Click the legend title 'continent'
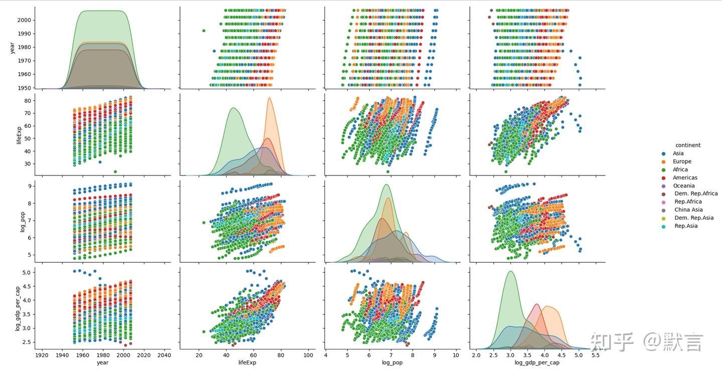[687, 145]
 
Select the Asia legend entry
[678, 153]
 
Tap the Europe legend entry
[682, 161]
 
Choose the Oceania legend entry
[683, 185]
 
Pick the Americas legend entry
[685, 177]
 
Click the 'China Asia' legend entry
[688, 210]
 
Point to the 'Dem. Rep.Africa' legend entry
[696, 194]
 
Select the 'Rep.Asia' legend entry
[686, 226]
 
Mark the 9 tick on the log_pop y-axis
[30, 186]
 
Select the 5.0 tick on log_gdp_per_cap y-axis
[27, 272]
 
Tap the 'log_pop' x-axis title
[392, 362]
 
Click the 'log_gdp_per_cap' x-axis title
[537, 362]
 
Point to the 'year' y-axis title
[12, 48]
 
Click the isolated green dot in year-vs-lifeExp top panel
[204, 31]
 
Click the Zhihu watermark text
[647, 342]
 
